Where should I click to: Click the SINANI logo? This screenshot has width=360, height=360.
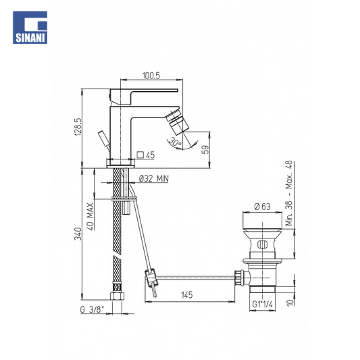coord(30,28)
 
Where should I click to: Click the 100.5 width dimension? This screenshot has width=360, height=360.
coord(151,76)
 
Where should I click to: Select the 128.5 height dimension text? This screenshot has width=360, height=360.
coord(78,127)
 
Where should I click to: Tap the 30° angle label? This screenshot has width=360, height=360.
coord(176,143)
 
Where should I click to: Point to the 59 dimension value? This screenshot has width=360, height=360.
coord(206,149)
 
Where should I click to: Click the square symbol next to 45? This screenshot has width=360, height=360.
coord(140,155)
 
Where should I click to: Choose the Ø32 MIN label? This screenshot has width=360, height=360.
coord(154,178)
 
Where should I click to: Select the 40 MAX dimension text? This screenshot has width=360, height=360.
coord(91,217)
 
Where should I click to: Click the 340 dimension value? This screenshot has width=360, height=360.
coord(78,234)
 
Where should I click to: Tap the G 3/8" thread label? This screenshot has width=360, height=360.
coord(92,309)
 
